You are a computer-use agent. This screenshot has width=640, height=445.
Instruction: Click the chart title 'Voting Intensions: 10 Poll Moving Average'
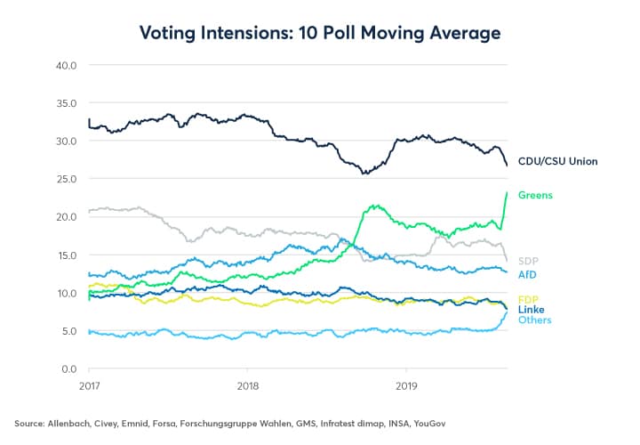pos(320,33)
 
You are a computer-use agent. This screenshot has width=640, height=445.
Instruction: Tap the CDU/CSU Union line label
pos(557,161)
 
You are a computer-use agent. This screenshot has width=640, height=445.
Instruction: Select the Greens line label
pos(536,195)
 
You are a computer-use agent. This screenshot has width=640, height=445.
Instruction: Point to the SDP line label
pos(529,261)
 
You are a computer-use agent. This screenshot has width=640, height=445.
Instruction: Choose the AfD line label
pos(528,274)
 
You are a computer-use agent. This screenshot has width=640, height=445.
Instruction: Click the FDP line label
pos(529,298)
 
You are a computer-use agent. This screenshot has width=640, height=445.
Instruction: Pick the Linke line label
pos(532,309)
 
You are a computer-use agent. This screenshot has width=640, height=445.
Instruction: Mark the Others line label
pos(535,320)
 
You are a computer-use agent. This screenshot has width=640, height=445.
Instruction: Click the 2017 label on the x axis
pos(89,388)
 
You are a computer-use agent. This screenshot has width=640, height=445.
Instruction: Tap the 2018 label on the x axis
pos(247,388)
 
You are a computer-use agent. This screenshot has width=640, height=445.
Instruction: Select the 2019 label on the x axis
pos(405,388)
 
